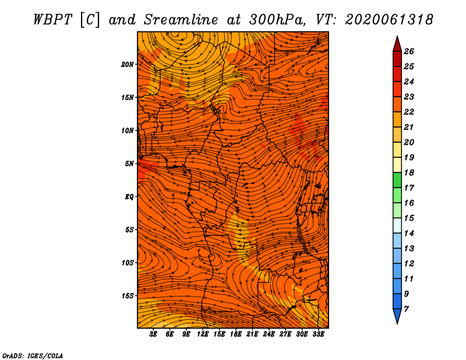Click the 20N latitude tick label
pos(127,65)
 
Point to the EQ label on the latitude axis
pos(129,197)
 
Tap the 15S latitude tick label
pos(127,296)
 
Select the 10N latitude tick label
pos(127,130)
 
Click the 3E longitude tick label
pos(153,334)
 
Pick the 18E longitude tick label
pos(236,334)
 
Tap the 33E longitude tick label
pos(318,334)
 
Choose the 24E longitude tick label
pos(269,334)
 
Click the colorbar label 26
pos(409,51)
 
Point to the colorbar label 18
pos(409,172)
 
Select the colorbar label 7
pos(406,309)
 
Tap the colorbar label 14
pos(409,234)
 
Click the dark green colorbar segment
pos(397,180)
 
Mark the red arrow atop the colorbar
pos(397,45)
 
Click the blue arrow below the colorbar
pos(397,316)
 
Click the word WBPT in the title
pos(52,20)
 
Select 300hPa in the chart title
pos(277,20)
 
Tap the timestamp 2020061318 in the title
pos(389,20)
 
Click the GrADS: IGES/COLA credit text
pos(33,356)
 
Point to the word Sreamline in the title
pos(181,20)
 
